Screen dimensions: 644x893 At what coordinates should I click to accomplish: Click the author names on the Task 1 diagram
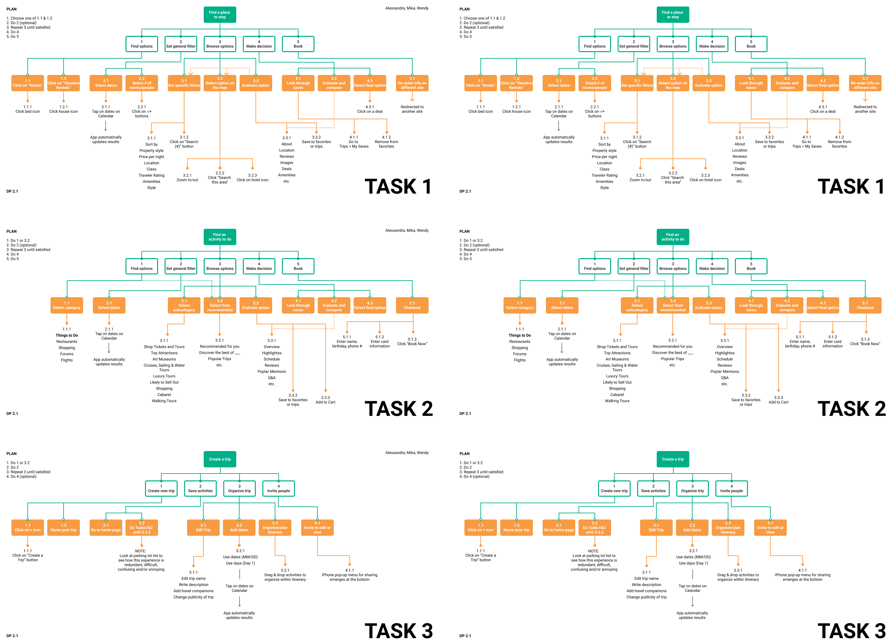[407, 8]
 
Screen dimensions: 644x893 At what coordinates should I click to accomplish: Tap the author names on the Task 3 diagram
[407, 453]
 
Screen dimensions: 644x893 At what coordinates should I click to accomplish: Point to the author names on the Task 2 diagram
[407, 230]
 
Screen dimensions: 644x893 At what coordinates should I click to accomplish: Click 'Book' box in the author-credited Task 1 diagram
[298, 44]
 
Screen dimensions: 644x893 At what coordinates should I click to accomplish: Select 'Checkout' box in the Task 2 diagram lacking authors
[865, 305]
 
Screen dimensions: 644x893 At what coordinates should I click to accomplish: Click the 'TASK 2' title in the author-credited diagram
[399, 409]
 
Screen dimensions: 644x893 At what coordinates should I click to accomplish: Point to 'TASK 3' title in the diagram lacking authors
[851, 631]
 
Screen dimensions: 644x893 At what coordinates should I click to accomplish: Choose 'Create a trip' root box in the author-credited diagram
[220, 459]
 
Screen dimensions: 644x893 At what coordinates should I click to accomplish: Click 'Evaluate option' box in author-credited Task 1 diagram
[256, 83]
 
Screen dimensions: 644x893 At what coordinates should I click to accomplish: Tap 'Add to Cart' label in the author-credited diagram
[325, 400]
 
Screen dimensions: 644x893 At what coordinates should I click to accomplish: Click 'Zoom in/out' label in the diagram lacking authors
[640, 178]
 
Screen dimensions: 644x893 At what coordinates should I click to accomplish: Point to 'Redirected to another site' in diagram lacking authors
[865, 109]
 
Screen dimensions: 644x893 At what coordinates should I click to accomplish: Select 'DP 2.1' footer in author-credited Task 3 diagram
[12, 636]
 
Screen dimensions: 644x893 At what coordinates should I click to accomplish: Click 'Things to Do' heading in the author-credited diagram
[66, 335]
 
